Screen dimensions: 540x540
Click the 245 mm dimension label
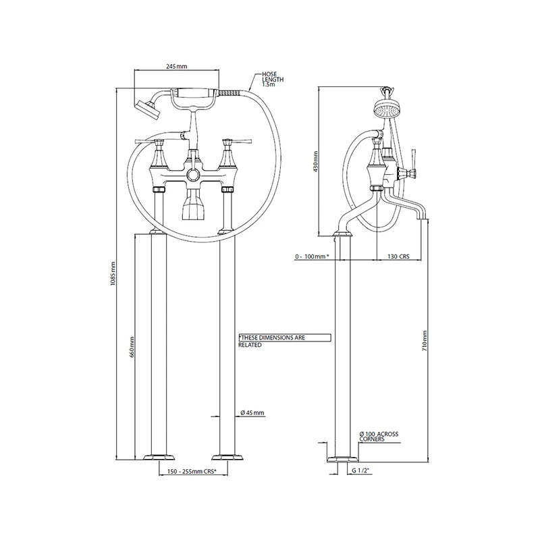click(x=176, y=66)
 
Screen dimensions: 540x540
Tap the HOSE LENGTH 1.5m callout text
click(x=273, y=80)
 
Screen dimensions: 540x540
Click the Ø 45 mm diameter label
click(x=252, y=412)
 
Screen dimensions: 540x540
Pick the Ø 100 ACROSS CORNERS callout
click(x=382, y=435)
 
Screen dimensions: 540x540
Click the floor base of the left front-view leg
click(x=157, y=456)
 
